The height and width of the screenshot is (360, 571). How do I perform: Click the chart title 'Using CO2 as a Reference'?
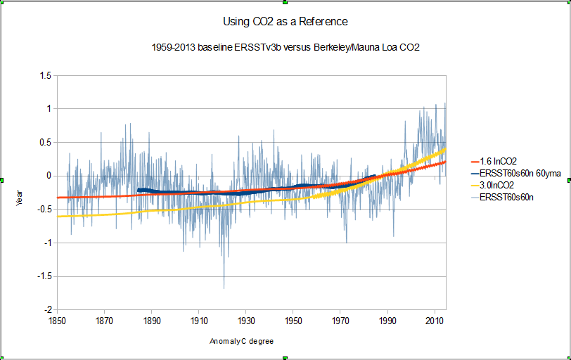coord(285,21)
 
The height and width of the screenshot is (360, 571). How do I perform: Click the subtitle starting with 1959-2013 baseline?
coord(285,48)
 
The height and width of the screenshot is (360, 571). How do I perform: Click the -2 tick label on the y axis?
coord(46,310)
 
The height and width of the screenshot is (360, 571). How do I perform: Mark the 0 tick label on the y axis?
coord(48,176)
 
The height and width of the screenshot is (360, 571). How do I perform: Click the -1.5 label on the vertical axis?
coord(43,276)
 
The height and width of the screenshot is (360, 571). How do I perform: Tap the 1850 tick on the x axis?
coord(56,321)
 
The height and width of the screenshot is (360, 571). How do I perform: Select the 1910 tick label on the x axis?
coord(198,321)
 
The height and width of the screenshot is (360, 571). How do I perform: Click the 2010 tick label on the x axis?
coord(435,321)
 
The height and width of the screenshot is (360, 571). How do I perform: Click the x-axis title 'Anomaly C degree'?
coord(241,342)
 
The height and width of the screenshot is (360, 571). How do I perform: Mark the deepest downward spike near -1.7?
coord(224,287)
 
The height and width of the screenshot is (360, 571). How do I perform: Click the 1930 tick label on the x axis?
coord(245,321)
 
